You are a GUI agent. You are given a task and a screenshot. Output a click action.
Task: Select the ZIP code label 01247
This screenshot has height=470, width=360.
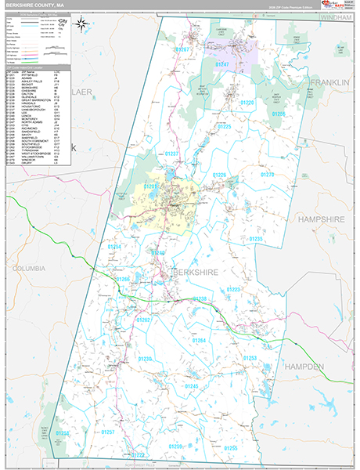coord(222,63)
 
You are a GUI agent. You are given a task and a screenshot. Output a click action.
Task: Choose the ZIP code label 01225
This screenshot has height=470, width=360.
coord(224,125)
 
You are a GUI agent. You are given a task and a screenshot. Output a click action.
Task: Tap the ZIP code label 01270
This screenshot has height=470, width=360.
coord(267,175)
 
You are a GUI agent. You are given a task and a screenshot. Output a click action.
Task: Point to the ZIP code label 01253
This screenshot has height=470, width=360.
coord(250,357)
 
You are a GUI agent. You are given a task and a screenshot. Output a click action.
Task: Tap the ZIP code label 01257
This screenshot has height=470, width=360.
coord(109,432)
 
